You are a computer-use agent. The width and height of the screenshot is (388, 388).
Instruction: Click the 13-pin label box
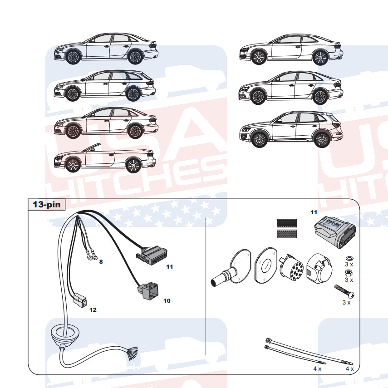point(47,204)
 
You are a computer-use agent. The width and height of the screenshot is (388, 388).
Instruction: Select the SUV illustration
point(290,130)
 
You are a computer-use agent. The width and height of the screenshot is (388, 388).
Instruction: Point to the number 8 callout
point(101,261)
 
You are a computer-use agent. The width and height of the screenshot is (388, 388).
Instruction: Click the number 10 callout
point(167,300)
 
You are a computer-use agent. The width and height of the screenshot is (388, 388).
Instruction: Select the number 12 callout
point(93,310)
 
